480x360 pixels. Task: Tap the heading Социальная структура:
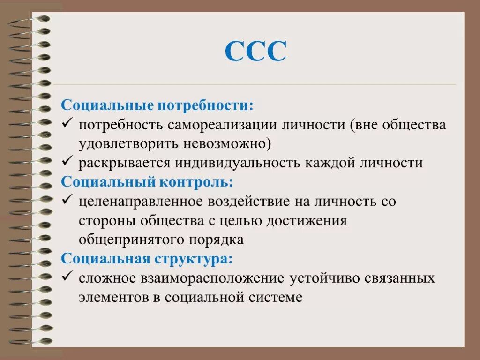pos(146,258)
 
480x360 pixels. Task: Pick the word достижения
pos(307,221)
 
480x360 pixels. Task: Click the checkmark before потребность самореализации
pos(67,124)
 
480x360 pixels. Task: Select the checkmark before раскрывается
pos(67,162)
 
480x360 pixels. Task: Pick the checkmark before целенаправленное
pos(67,201)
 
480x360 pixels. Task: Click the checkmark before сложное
pos(67,277)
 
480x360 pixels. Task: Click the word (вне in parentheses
pos(364,125)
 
